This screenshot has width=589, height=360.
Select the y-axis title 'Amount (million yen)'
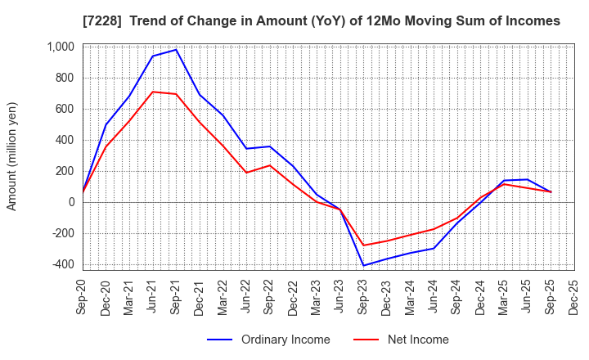click(x=11, y=156)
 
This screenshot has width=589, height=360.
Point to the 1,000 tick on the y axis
click(x=61, y=47)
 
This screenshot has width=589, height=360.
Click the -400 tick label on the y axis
click(x=62, y=264)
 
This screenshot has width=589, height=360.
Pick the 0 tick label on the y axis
click(x=71, y=202)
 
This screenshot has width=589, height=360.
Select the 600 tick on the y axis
click(x=65, y=109)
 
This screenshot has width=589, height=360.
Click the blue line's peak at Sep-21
click(x=176, y=50)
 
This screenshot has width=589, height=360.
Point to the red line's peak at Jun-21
click(x=153, y=92)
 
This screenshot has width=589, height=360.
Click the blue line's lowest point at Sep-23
click(x=363, y=265)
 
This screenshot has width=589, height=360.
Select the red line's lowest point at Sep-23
click(x=363, y=245)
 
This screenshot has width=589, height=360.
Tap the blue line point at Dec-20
click(x=106, y=125)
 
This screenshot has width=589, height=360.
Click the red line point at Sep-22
click(x=270, y=165)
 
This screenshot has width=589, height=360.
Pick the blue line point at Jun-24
click(x=434, y=248)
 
